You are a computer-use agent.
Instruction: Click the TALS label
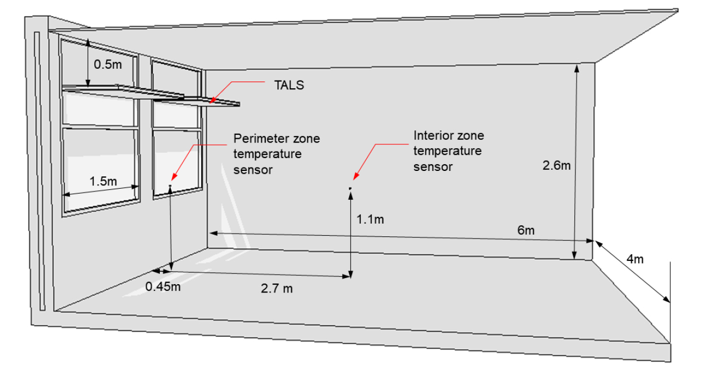pyautogui.click(x=289, y=85)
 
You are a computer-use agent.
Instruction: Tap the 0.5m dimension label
pyautogui.click(x=108, y=64)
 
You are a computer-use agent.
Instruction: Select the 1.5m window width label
pyautogui.click(x=103, y=181)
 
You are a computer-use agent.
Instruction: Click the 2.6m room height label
pyautogui.click(x=557, y=165)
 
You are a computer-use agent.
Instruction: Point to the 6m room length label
pyautogui.click(x=526, y=230)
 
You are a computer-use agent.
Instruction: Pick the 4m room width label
pyautogui.click(x=635, y=259)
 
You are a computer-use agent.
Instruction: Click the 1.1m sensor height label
pyautogui.click(x=370, y=219)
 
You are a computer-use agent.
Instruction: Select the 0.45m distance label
pyautogui.click(x=163, y=286)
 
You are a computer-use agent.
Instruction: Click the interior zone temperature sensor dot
pyautogui.click(x=350, y=189)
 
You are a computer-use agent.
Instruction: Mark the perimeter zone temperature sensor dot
pyautogui.click(x=170, y=185)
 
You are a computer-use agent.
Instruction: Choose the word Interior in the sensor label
pyautogui.click(x=432, y=135)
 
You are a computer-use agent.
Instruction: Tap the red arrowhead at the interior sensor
pyautogui.click(x=355, y=176)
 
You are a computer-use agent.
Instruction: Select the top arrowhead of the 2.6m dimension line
pyautogui.click(x=577, y=68)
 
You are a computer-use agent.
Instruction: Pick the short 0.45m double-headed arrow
pyautogui.click(x=160, y=271)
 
